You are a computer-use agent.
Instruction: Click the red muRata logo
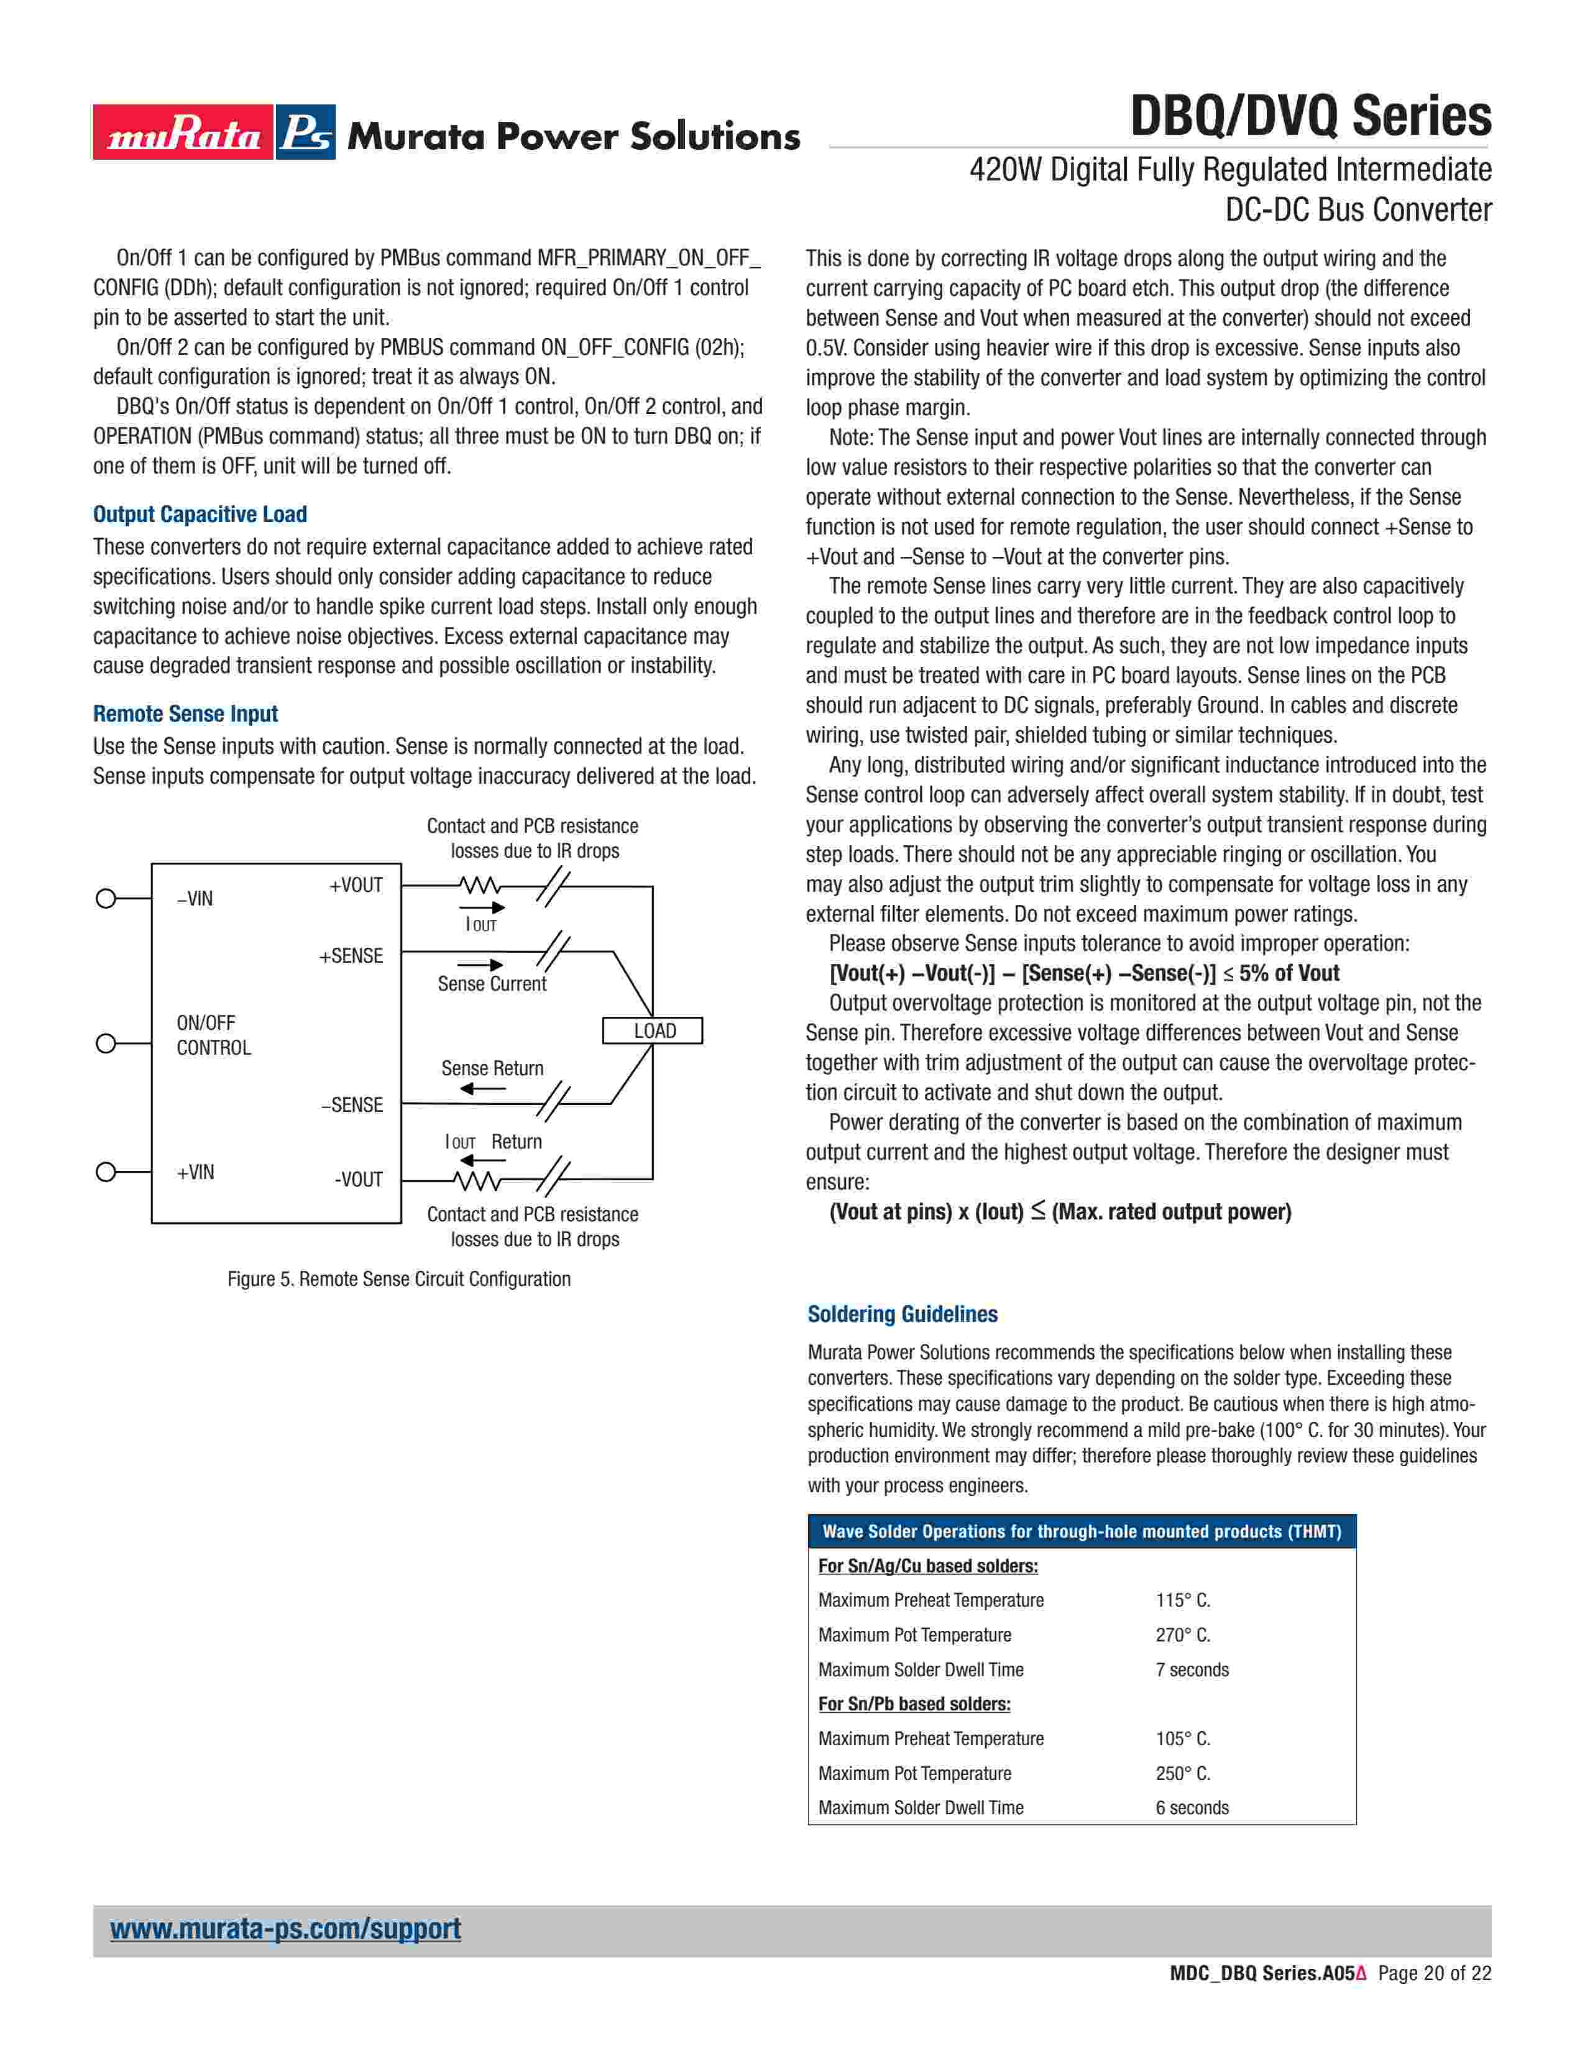tap(183, 132)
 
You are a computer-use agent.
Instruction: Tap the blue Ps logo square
tap(306, 132)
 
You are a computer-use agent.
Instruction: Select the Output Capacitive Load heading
tap(200, 515)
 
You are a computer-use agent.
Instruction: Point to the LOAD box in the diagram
tap(653, 1030)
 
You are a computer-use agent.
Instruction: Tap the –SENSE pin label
tap(352, 1104)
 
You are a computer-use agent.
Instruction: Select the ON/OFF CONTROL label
tap(213, 1035)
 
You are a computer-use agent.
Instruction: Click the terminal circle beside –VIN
tap(106, 899)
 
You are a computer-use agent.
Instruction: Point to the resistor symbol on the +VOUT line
tap(479, 886)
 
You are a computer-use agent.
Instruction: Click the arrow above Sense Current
tap(480, 965)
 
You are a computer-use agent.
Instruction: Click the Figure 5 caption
tap(398, 1279)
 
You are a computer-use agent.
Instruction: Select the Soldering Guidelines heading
tap(903, 1314)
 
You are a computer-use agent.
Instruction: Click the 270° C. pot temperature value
tap(1183, 1635)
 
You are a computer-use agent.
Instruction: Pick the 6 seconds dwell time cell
tap(1192, 1808)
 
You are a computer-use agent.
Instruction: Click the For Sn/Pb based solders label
tap(914, 1704)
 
